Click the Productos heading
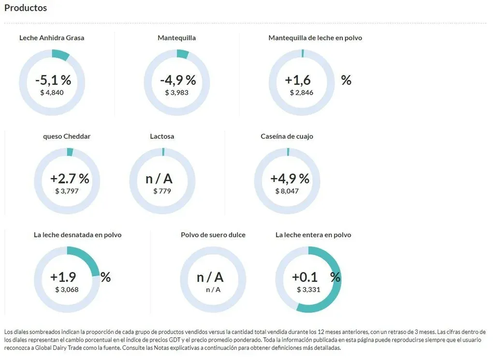coord(26,8)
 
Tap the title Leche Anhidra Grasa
coord(52,38)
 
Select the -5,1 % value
coord(53,80)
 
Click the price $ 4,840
coord(52,92)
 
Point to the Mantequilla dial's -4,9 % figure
coord(178,80)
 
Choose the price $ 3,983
coord(177,92)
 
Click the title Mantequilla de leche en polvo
coord(315,38)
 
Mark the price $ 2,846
coord(302,92)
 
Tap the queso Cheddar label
coord(67,136)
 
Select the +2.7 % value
coord(70,179)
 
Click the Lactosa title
coord(162,136)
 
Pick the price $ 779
coord(162,191)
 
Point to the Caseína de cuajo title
coord(287,136)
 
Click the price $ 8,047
coord(287,191)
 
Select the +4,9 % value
coord(290,179)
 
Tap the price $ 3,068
coord(67,290)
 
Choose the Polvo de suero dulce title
coord(213,235)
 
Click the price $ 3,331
coord(308,290)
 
